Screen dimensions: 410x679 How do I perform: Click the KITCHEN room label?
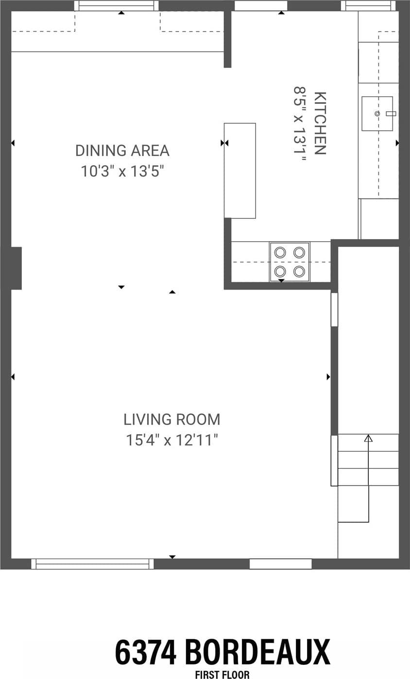pos(320,123)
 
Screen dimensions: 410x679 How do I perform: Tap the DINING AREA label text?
pos(122,150)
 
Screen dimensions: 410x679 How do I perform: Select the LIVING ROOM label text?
pos(172,419)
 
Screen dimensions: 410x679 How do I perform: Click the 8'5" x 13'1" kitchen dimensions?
pos(300,124)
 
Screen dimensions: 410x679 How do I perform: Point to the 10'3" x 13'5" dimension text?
pos(122,171)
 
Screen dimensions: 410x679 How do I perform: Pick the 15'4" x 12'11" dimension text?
pos(172,440)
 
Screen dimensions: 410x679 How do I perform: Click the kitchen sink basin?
pos(377,114)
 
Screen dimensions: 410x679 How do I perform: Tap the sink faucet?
pos(391,114)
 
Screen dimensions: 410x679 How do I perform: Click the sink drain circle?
pos(377,114)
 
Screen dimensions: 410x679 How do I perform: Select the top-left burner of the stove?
pos(280,252)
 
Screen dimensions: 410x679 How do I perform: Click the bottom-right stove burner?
pos(299,271)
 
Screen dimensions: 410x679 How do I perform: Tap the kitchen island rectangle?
pos(240,171)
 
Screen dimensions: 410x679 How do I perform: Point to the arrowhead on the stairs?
pos(368,438)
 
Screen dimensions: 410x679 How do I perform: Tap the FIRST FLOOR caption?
pos(222,675)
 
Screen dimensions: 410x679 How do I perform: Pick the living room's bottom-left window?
pos(92,564)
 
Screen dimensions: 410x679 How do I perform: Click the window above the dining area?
pos(117,5)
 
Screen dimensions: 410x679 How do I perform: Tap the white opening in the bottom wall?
pos(281,564)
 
